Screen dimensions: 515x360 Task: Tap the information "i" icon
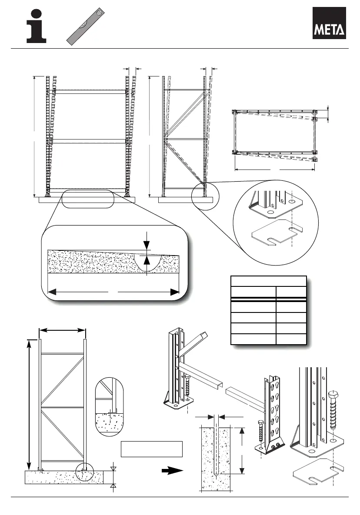point(37,26)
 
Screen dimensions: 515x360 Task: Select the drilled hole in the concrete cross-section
point(216,452)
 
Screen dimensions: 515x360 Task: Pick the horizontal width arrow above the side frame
point(62,332)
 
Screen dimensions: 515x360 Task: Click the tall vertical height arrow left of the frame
point(30,402)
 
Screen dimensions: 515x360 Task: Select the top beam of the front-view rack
point(90,92)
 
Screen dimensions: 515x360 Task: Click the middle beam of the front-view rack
point(90,141)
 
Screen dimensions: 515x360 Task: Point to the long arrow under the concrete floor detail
point(113,292)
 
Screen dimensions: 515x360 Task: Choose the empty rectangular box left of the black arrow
point(151,449)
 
